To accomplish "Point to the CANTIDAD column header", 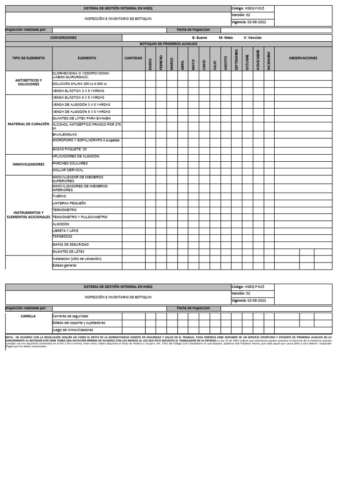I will point(134,58).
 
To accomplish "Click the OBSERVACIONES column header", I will point(303,58).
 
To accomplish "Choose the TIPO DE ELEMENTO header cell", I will point(29,58).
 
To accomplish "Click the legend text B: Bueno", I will point(200,37).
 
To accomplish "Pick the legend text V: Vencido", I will point(253,37).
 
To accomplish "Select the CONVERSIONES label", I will point(63,37).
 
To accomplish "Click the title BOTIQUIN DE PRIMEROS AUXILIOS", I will point(169,44).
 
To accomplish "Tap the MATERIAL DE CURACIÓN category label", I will point(29,124).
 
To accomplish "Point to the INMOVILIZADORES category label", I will point(29,165).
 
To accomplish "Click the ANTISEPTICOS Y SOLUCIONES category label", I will point(29,82).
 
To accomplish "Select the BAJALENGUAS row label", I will point(65,134).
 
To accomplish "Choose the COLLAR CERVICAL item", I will point(68,170).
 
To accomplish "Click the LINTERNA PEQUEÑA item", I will point(69,203).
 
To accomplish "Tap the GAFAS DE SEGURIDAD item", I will point(70,245).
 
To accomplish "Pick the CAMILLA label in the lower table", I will point(29,316).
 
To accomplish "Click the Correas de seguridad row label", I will point(70,316).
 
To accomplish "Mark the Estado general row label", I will point(64,265).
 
